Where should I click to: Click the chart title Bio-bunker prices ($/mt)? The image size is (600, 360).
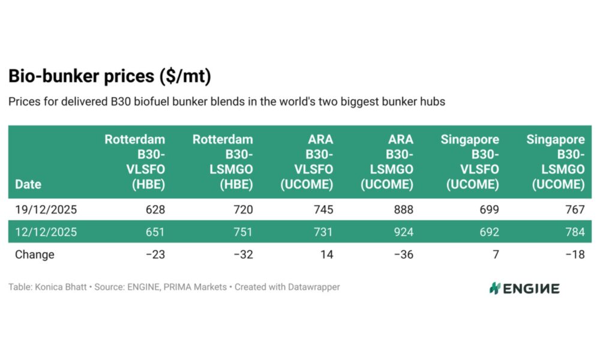pyautogui.click(x=109, y=77)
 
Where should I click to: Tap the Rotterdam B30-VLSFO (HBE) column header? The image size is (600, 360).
pyautogui.click(x=135, y=162)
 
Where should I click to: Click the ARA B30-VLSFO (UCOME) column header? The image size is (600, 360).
pyautogui.click(x=307, y=162)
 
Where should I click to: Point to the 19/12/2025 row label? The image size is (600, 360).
pyautogui.click(x=46, y=210)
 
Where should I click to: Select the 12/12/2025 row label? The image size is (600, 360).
pyautogui.click(x=46, y=232)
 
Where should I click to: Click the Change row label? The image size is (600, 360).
pyautogui.click(x=34, y=254)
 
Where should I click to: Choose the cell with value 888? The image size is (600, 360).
pyautogui.click(x=403, y=210)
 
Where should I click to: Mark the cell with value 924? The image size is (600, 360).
pyautogui.click(x=403, y=232)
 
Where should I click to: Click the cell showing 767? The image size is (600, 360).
pyautogui.click(x=575, y=210)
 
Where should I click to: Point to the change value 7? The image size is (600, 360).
pyautogui.click(x=495, y=254)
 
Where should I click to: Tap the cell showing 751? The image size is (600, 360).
pyautogui.click(x=243, y=232)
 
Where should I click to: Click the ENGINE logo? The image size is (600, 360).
pyautogui.click(x=524, y=289)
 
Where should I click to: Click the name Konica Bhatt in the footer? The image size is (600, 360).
pyautogui.click(x=62, y=287)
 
